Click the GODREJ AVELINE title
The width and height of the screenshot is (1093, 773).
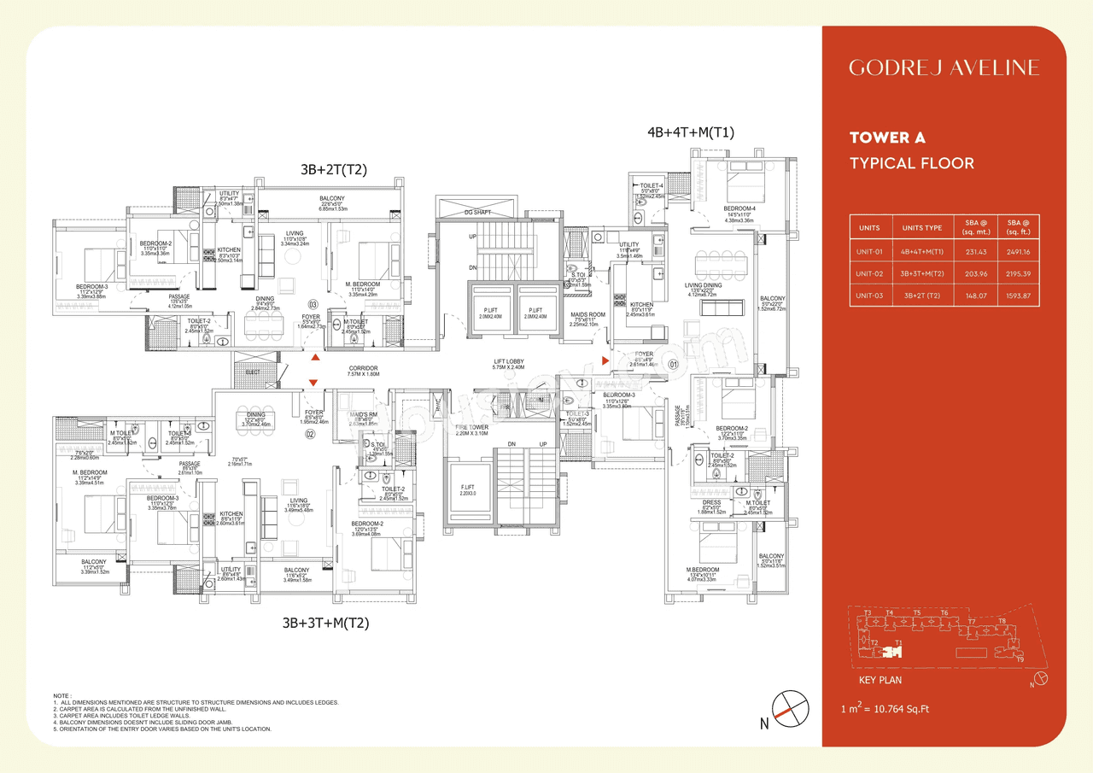(x=944, y=67)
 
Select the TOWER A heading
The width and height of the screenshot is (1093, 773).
(x=887, y=138)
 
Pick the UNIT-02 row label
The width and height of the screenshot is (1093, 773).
(x=868, y=273)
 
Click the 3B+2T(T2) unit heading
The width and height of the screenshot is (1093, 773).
(x=332, y=170)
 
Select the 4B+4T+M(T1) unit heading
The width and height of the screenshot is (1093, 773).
(x=691, y=132)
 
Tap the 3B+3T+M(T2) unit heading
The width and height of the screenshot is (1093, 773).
(x=325, y=624)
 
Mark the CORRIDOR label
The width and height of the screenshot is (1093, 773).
(x=363, y=368)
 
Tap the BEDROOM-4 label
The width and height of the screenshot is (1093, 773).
(x=739, y=208)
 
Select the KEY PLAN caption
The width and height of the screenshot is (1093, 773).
(x=880, y=680)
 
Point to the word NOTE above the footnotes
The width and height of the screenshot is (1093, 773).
(x=61, y=695)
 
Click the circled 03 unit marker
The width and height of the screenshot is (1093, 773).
(x=313, y=304)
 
